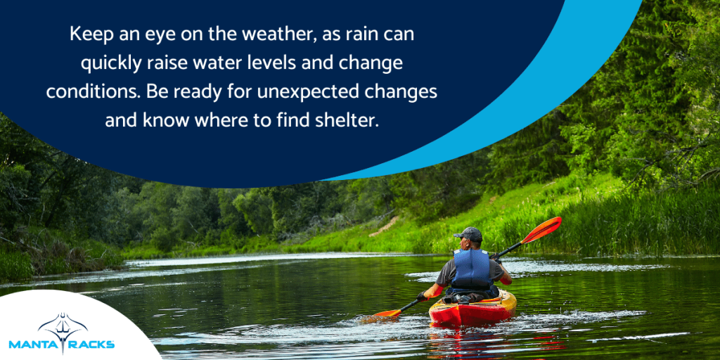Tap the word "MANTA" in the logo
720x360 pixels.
[32, 345]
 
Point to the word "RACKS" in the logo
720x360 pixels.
[91, 345]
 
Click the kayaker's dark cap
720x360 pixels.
[467, 234]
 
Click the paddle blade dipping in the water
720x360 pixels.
[385, 314]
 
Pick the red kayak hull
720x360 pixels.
[471, 312]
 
